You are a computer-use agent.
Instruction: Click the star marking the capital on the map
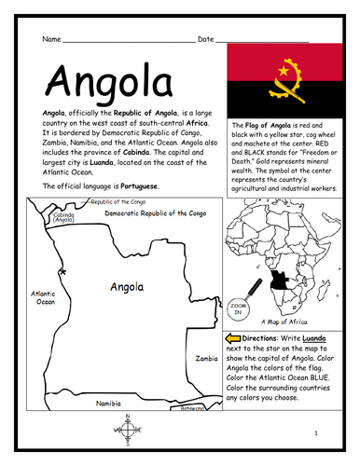click(62, 272)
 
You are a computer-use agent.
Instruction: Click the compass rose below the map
click(127, 430)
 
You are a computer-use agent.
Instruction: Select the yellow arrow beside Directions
click(233, 336)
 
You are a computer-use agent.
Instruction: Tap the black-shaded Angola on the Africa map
click(278, 281)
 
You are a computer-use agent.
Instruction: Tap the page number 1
click(316, 433)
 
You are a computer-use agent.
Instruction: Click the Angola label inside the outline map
click(126, 287)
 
